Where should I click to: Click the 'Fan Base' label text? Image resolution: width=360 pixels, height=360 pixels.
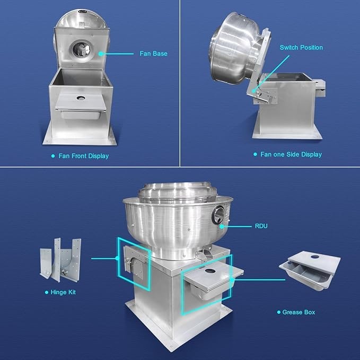tap(153, 54)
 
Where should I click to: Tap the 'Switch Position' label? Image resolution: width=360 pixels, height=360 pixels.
tap(301, 48)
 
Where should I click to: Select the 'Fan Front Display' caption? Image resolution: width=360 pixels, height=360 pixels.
tap(84, 156)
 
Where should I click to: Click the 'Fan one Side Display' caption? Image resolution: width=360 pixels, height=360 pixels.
tap(291, 154)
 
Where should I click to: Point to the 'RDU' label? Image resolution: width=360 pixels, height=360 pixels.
tap(261, 226)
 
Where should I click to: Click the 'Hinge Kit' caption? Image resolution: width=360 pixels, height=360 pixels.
tap(63, 292)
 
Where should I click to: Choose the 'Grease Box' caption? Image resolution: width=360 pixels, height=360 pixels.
tap(298, 312)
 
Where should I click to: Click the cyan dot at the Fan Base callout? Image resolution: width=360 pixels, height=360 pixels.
tap(101, 54)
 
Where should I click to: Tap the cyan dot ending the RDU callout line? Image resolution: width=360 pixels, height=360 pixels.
tap(222, 226)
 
